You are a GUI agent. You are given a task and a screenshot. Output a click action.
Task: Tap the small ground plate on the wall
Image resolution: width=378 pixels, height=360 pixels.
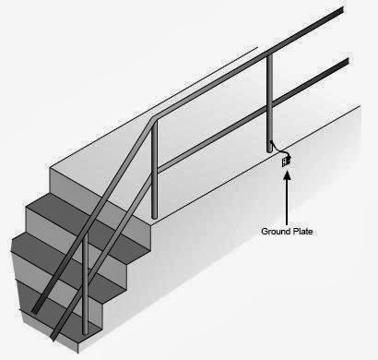point(286,161)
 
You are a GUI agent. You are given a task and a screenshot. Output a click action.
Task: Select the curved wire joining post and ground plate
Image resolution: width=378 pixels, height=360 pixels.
point(277,150)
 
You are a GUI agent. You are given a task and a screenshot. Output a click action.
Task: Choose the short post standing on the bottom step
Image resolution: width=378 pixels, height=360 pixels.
point(86,286)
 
